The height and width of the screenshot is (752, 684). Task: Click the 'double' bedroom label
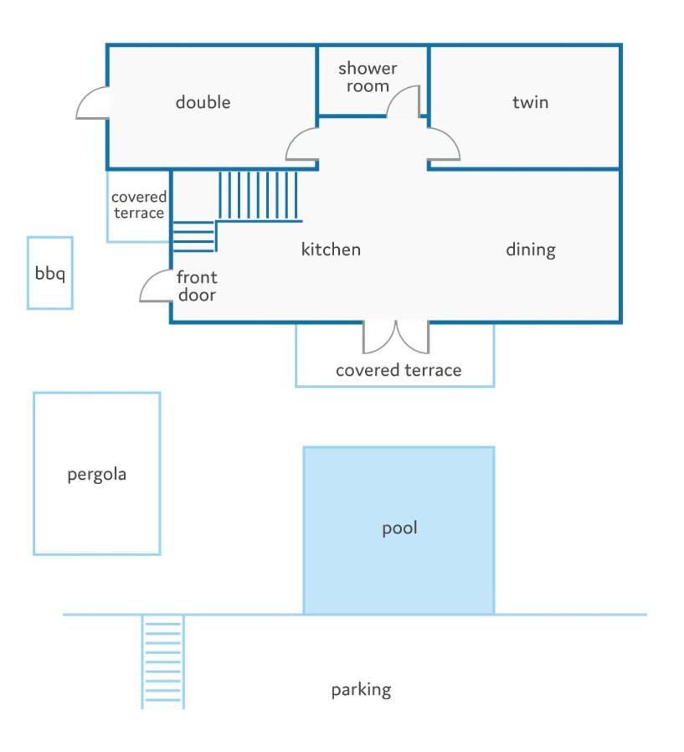[x=203, y=102]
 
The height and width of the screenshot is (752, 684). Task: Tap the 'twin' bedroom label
[x=530, y=102]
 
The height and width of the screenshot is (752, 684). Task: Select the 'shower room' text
[x=368, y=77]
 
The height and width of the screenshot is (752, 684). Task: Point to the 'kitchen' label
[x=331, y=250]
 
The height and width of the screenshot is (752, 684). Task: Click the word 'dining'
[x=531, y=250]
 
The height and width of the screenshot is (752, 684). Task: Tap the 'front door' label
[x=197, y=286]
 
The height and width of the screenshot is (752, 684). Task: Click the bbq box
[x=50, y=273]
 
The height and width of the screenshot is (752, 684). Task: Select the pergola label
[x=97, y=475]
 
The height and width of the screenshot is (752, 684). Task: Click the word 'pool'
[x=399, y=528]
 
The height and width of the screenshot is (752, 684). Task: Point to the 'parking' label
[x=362, y=690]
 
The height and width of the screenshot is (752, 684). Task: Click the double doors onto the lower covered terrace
[x=396, y=337]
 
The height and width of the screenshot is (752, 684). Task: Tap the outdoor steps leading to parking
[x=163, y=662]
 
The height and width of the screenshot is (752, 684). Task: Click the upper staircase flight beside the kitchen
[x=259, y=196]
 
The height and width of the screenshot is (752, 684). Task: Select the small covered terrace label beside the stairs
[x=139, y=205]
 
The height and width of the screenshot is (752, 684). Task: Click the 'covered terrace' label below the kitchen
[x=399, y=370]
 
